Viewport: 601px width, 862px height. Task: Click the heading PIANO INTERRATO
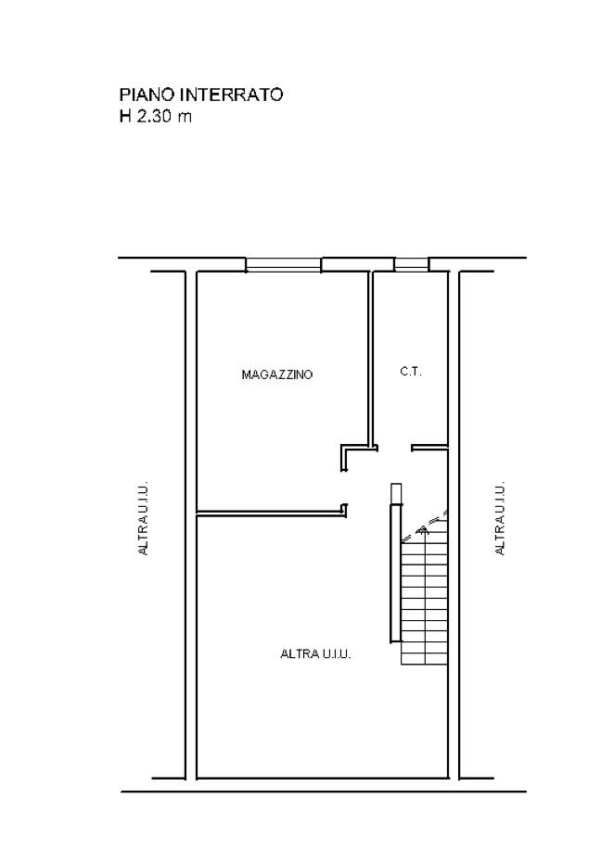pyautogui.click(x=201, y=95)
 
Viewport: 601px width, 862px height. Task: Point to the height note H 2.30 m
pyautogui.click(x=156, y=117)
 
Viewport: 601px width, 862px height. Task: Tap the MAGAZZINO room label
pyautogui.click(x=277, y=375)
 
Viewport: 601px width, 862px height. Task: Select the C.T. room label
pyautogui.click(x=411, y=372)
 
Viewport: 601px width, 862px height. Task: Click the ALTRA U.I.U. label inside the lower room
pyautogui.click(x=315, y=654)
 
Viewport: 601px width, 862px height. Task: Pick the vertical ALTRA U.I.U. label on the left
pyautogui.click(x=144, y=519)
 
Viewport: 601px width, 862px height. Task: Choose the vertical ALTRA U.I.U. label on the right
pyautogui.click(x=500, y=519)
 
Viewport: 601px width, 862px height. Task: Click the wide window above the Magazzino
pyautogui.click(x=283, y=264)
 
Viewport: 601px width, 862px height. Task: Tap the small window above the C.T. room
pyautogui.click(x=411, y=264)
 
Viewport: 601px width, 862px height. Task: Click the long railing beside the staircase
pyautogui.click(x=393, y=574)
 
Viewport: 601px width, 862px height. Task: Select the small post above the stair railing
pyautogui.click(x=396, y=493)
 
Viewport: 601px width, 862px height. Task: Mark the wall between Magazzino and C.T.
pyautogui.click(x=371, y=359)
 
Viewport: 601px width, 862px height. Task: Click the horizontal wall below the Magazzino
pyautogui.click(x=272, y=513)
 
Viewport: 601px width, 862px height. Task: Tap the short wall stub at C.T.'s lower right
pyautogui.click(x=430, y=448)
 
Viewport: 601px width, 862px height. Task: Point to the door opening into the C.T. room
pyautogui.click(x=395, y=448)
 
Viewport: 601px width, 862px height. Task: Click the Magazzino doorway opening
pyautogui.click(x=345, y=487)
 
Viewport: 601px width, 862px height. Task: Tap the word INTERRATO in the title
pyautogui.click(x=232, y=95)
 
